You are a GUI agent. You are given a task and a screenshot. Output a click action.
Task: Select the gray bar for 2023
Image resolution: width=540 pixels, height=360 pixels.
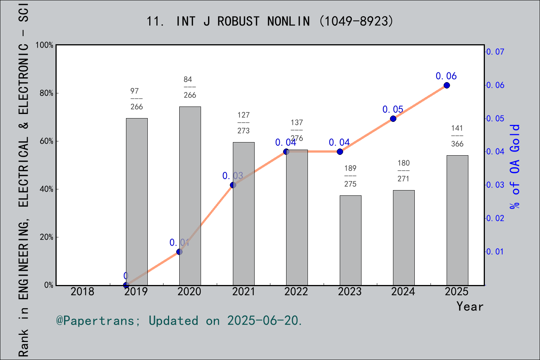click(350, 240)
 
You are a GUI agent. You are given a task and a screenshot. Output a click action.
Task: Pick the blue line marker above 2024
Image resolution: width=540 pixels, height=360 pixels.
click(393, 118)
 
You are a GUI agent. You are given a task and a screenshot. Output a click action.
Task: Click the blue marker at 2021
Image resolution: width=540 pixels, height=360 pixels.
click(233, 185)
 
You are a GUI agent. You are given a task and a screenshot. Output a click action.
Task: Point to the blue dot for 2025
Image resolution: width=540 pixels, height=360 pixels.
click(447, 85)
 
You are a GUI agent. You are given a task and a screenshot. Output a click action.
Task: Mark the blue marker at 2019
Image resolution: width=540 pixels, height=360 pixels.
click(126, 285)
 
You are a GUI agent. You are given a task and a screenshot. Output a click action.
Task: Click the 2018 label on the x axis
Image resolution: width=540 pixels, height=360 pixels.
click(82, 291)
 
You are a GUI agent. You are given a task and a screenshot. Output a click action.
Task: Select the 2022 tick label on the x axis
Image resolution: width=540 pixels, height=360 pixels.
click(296, 291)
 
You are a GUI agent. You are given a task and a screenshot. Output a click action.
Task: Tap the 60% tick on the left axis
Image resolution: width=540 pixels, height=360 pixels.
click(46, 141)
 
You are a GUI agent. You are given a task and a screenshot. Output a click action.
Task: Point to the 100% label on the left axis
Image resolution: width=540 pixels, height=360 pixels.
click(44, 45)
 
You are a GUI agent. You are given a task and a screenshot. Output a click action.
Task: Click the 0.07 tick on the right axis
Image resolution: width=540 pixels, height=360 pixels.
click(495, 52)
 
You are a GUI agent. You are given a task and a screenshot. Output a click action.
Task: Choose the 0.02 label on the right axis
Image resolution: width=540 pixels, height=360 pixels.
click(495, 218)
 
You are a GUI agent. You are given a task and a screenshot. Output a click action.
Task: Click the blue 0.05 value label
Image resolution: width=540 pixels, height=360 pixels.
click(393, 109)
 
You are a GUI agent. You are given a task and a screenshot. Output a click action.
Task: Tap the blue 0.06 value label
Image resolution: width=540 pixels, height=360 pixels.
click(446, 76)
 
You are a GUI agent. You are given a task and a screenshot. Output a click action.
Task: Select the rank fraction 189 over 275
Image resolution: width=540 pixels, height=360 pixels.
click(350, 176)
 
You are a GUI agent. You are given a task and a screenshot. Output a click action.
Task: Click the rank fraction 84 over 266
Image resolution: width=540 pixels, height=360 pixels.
click(190, 87)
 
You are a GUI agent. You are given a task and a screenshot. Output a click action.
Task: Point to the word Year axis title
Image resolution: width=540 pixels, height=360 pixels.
click(470, 306)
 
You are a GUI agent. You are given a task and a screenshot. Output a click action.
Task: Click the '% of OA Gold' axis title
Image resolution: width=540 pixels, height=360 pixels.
click(515, 166)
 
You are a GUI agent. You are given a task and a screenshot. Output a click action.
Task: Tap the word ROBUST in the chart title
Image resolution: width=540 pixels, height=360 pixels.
click(238, 21)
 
